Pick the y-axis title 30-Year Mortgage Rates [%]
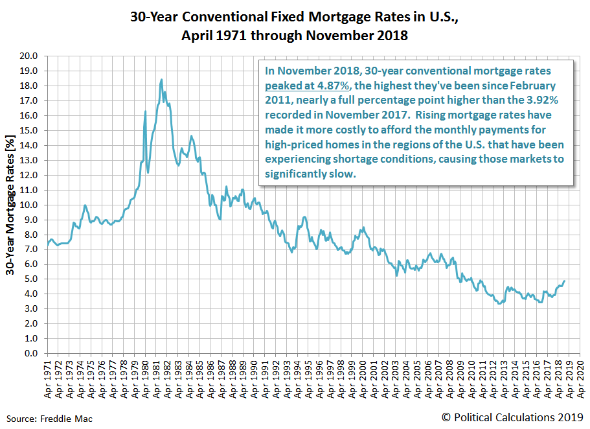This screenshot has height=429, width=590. (11, 205)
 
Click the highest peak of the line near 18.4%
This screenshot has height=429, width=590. (161, 80)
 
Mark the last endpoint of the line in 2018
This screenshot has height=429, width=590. (564, 281)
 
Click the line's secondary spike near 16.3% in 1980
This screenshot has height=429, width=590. (145, 111)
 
